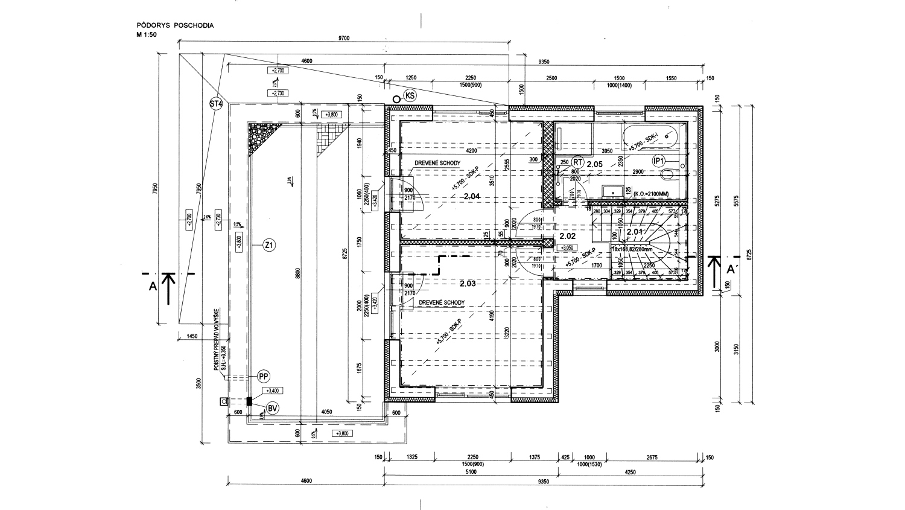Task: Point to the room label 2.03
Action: [x=468, y=283]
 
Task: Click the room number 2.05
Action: [x=595, y=164]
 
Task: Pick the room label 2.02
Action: [x=568, y=236]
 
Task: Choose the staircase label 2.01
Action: [x=634, y=231]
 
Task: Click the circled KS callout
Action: [x=410, y=96]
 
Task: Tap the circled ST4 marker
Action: [x=216, y=104]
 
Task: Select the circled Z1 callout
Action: [x=269, y=245]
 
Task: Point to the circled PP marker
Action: [x=263, y=377]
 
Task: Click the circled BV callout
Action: [x=272, y=409]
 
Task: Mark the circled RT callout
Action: [x=577, y=162]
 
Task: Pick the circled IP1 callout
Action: [x=659, y=161]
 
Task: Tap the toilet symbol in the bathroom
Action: [x=668, y=175]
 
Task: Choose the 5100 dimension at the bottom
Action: [x=471, y=472]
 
